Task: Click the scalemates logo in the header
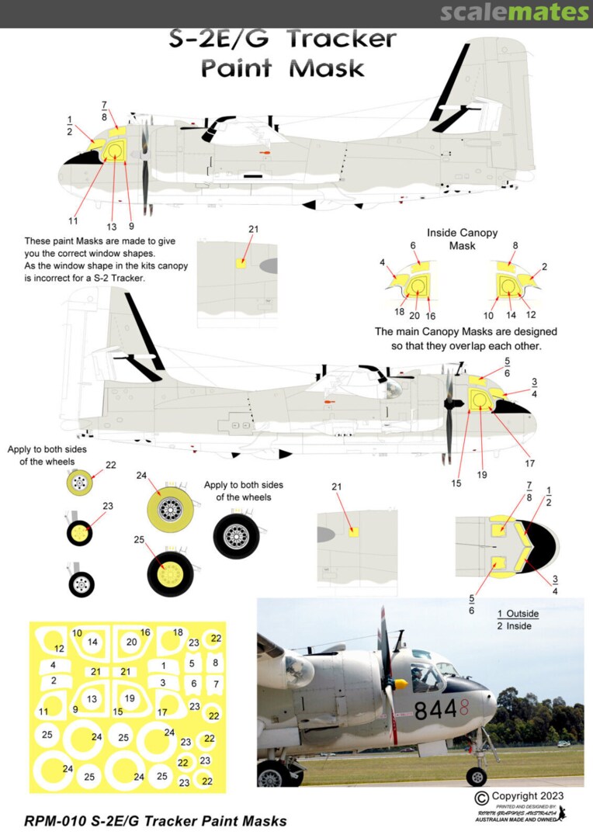click(515, 12)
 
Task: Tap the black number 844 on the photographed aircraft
click(439, 710)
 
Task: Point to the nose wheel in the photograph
click(476, 774)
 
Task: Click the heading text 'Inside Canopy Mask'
click(462, 239)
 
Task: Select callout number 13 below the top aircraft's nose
click(112, 227)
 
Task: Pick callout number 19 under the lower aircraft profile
click(481, 474)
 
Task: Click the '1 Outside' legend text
click(518, 614)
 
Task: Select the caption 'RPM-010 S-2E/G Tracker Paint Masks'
click(156, 821)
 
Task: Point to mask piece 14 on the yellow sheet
click(93, 642)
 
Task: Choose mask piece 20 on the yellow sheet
click(131, 642)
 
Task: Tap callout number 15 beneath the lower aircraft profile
click(456, 483)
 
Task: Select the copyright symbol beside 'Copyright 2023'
click(481, 797)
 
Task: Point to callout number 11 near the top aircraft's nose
click(73, 220)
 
